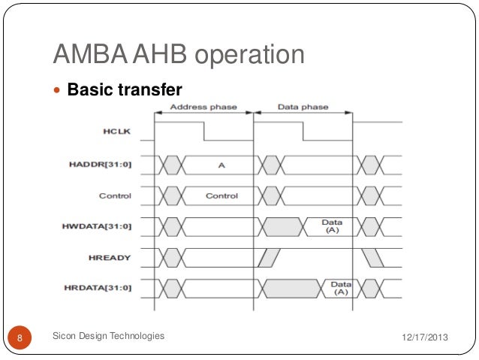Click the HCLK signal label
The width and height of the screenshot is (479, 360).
tap(116, 132)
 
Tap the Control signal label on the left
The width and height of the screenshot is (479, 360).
tap(115, 196)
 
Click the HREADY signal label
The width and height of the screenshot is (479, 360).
tap(110, 258)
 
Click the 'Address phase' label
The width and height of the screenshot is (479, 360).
tap(203, 107)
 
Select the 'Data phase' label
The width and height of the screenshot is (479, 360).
tap(303, 107)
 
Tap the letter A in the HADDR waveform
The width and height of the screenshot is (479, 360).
tap(221, 165)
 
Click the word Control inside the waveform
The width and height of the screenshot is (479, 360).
tap(221, 196)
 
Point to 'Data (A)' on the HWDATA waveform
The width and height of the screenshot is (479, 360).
tap(331, 226)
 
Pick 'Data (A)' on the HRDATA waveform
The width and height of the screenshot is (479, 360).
tap(341, 288)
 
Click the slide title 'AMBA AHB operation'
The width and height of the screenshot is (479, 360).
tap(179, 55)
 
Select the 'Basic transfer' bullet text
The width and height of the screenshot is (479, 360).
tap(125, 90)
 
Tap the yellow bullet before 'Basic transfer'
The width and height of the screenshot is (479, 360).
tap(59, 91)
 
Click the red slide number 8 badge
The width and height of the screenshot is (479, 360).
tap(20, 337)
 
